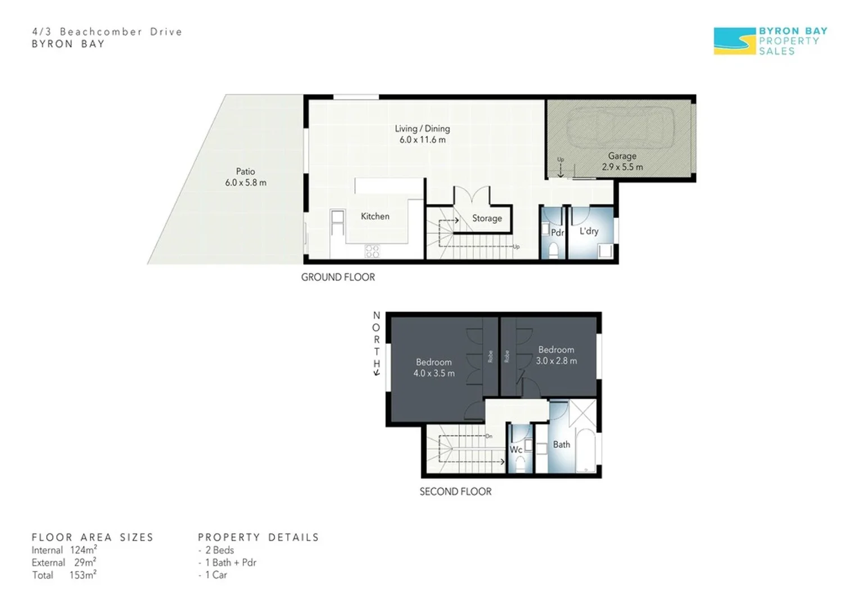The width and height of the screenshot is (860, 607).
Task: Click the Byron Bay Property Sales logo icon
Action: (x=734, y=41)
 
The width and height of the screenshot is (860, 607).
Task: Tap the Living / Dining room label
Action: (x=422, y=129)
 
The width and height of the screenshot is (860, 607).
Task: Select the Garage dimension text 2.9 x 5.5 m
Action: (x=622, y=167)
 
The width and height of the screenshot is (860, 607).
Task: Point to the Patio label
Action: (x=245, y=171)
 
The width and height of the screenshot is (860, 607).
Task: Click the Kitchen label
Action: (x=375, y=216)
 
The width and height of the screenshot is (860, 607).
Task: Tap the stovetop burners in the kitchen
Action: (x=372, y=251)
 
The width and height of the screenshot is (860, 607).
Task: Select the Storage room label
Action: (x=487, y=219)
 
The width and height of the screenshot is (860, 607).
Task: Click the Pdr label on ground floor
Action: (x=557, y=233)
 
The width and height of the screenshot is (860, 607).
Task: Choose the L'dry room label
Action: (x=589, y=231)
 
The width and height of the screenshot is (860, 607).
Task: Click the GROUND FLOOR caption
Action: (x=338, y=277)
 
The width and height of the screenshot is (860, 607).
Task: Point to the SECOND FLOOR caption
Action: (x=455, y=492)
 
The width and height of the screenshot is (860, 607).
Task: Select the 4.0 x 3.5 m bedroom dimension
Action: (x=434, y=373)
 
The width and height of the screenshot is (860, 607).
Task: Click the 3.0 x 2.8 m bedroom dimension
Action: (x=556, y=361)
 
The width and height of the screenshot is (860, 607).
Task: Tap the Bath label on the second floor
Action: (x=561, y=445)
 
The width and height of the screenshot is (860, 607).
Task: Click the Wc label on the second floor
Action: (x=515, y=450)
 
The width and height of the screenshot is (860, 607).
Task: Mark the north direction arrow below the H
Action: (x=377, y=373)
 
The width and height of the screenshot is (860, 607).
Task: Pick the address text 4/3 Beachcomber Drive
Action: (x=107, y=32)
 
